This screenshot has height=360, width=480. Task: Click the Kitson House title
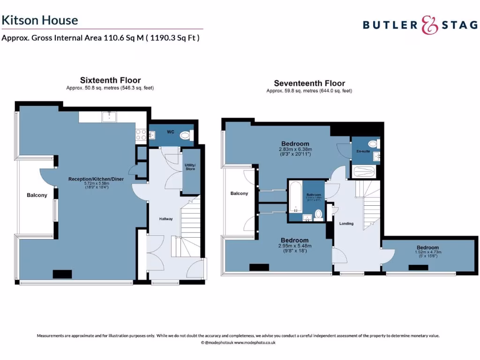39,20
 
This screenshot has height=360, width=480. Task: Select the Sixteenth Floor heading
110,80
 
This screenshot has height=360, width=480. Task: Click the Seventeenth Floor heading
309,83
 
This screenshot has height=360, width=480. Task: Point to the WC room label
171,132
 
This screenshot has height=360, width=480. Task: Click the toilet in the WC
186,135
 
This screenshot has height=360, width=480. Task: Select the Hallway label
166,219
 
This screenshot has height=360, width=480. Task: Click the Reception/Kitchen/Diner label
96,179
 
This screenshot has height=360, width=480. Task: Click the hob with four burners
141,135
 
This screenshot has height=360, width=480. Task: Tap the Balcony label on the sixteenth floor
37,195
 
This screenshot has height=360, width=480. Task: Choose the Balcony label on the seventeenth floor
239,193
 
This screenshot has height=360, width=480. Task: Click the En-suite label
363,151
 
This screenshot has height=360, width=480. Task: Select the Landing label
346,224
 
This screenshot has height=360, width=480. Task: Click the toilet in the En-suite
373,144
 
